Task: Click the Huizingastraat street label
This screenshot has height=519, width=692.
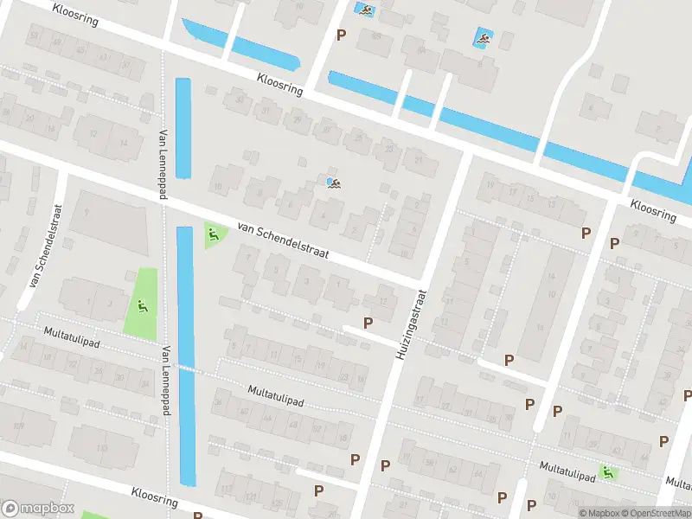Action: (412, 324)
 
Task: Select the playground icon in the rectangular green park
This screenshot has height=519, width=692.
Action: (142, 304)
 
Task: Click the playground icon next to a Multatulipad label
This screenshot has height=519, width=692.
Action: (609, 473)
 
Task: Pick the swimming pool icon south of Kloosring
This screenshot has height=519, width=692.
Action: (333, 182)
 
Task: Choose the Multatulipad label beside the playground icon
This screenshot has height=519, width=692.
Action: (567, 470)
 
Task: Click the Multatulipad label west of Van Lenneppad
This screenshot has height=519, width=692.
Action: (72, 337)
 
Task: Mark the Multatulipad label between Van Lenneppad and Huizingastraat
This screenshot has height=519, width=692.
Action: (276, 397)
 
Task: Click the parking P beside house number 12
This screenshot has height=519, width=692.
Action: (368, 323)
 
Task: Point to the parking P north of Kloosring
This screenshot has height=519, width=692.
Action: (341, 35)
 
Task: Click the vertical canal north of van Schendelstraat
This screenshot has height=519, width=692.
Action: (183, 128)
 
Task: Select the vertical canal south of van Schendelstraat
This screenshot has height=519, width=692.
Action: (185, 355)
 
